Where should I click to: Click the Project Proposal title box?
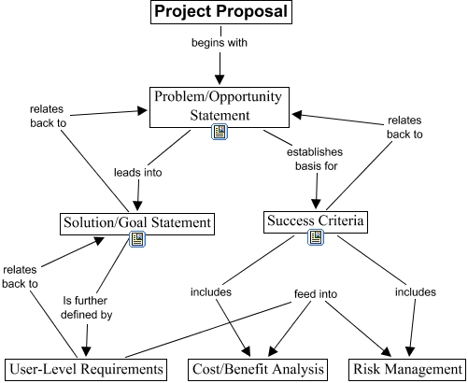click(x=221, y=12)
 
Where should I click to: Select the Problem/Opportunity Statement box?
click(x=220, y=107)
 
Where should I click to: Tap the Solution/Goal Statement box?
click(x=137, y=224)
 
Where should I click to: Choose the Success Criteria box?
click(x=316, y=222)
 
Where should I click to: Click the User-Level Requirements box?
click(x=86, y=370)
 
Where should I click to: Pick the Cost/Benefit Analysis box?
click(x=258, y=370)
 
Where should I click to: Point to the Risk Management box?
click(x=407, y=370)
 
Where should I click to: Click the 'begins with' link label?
click(x=220, y=43)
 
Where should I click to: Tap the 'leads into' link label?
click(x=138, y=172)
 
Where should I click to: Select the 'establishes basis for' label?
click(x=315, y=159)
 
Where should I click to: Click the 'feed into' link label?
click(x=316, y=293)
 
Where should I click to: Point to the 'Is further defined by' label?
click(x=86, y=307)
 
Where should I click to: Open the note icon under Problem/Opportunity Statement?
click(x=220, y=132)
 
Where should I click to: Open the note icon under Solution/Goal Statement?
click(x=137, y=239)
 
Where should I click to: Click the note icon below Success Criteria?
click(x=316, y=237)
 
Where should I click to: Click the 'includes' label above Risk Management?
click(x=416, y=292)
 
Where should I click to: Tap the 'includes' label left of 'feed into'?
click(x=211, y=292)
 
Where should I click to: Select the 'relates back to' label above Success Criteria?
click(x=404, y=127)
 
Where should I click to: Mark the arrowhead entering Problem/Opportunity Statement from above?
click(x=220, y=79)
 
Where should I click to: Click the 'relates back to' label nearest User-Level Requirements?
click(x=20, y=277)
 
